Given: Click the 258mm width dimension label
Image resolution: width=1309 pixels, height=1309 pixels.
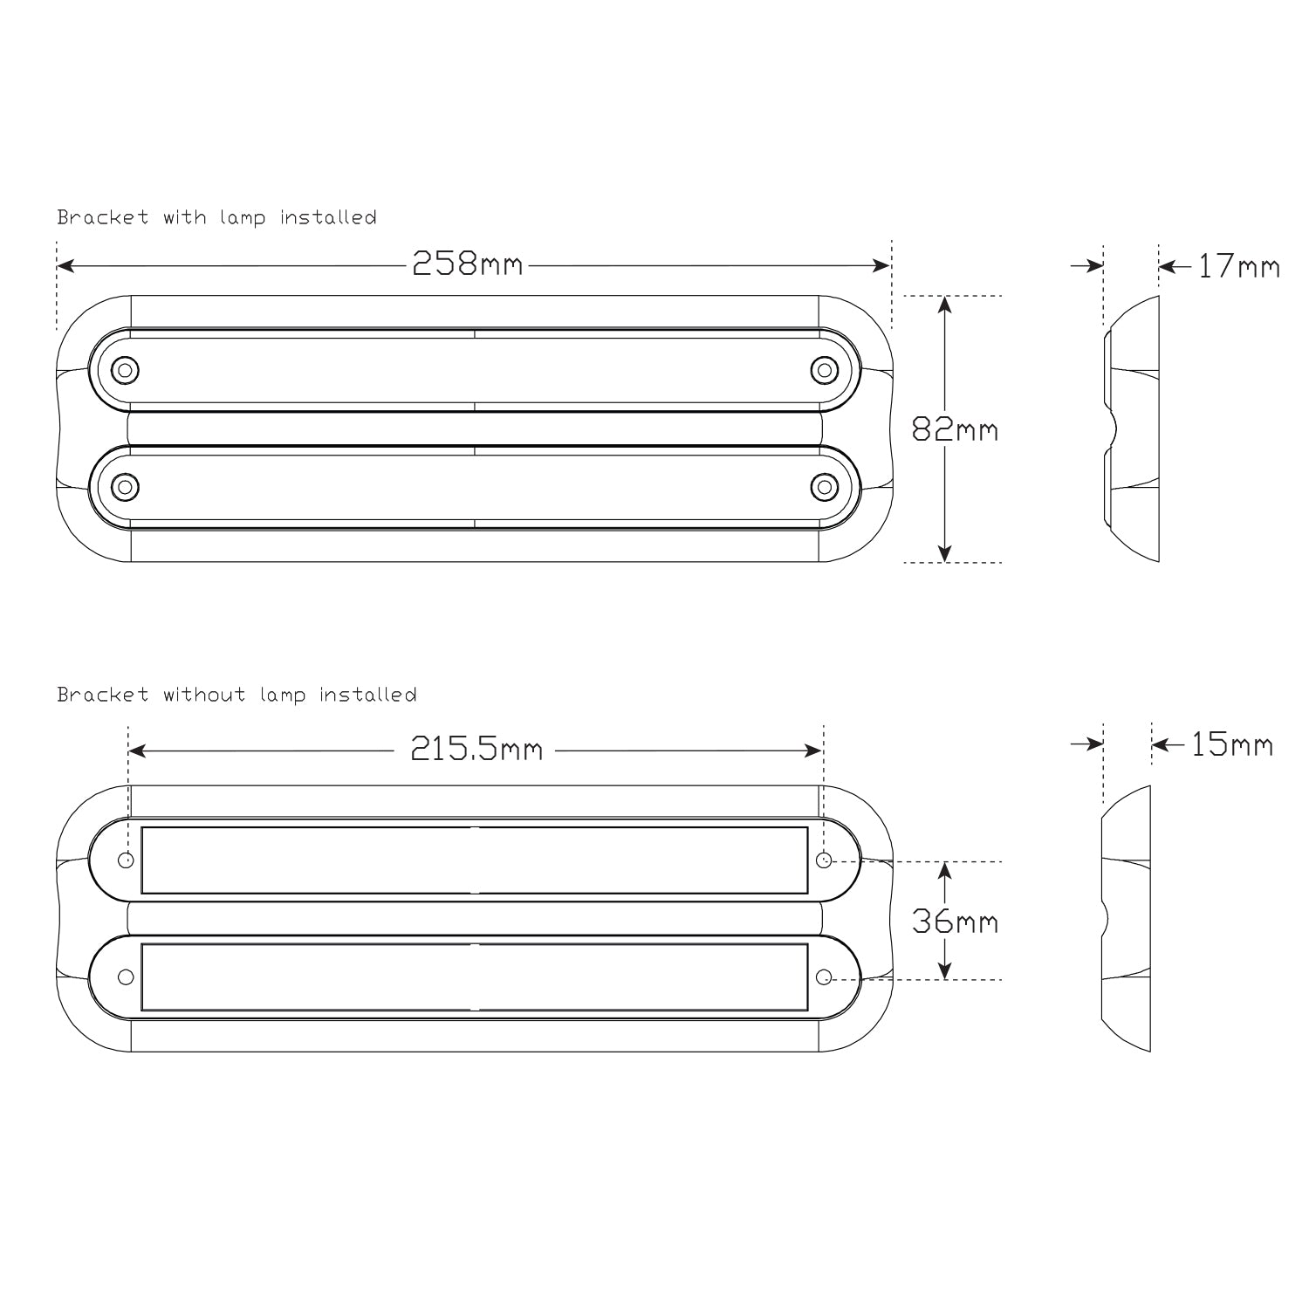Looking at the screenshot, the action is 468,264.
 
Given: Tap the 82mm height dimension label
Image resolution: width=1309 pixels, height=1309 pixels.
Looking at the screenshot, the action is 955,429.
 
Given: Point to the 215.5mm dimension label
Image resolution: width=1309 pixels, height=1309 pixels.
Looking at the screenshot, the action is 477,750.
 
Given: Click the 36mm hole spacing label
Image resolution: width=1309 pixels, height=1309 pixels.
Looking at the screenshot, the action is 955,921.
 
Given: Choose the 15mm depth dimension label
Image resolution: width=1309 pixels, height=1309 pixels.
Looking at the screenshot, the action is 1232,744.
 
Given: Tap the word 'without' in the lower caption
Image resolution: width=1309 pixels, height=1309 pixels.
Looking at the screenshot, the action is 202,695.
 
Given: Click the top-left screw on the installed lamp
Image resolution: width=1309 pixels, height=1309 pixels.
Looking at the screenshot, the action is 126,370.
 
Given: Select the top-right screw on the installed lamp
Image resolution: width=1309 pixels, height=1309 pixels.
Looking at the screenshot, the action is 824,370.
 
